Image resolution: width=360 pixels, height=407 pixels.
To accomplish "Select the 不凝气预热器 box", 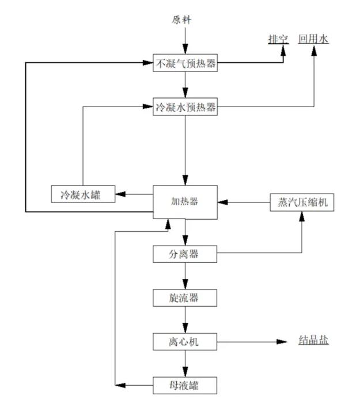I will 185,63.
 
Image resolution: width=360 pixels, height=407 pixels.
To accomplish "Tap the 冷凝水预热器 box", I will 185,107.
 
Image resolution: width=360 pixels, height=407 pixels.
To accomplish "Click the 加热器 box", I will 185,202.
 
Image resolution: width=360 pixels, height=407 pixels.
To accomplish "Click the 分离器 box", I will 185,253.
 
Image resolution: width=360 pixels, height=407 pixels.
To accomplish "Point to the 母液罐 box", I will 185,385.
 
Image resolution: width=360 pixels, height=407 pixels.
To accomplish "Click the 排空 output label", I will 278,39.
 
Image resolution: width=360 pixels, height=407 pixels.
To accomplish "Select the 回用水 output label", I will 313,39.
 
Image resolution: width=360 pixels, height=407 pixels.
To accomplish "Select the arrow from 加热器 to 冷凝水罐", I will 134,194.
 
